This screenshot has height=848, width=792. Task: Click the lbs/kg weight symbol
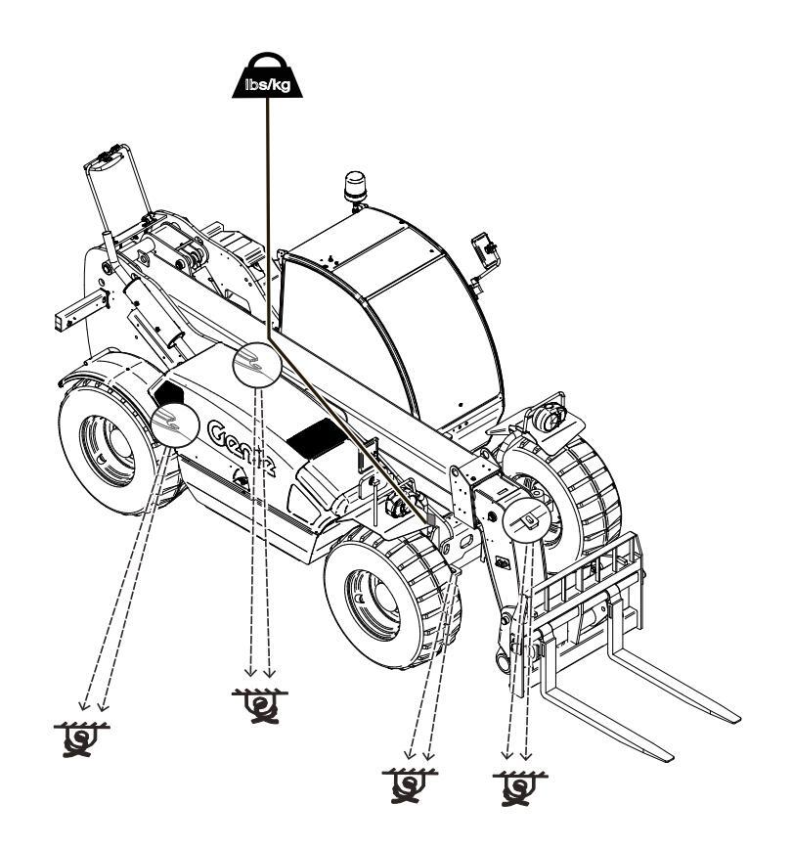(267, 75)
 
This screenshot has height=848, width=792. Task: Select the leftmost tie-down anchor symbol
(81, 739)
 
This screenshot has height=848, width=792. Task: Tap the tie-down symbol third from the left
(410, 785)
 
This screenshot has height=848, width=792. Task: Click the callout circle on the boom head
(526, 519)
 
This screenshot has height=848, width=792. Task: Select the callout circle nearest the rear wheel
(175, 425)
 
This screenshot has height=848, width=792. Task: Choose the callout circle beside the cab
(257, 365)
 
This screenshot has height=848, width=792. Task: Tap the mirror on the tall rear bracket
(107, 161)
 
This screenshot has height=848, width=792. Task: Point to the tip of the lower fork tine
(671, 757)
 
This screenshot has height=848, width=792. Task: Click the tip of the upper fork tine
(736, 718)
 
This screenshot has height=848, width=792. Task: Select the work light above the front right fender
(548, 418)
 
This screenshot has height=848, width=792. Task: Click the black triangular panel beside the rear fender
(168, 392)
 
